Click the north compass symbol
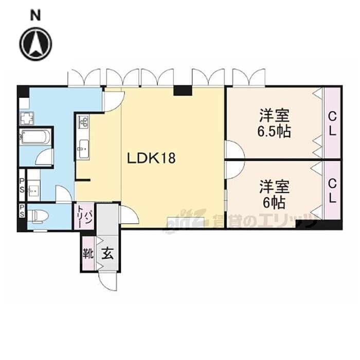35,44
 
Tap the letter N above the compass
35,15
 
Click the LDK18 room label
151,158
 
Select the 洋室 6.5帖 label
274,123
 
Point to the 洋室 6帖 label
274,194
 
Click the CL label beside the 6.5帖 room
332,124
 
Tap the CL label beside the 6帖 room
332,191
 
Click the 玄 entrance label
107,254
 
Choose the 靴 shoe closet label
88,254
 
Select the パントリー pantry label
84,217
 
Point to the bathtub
35,137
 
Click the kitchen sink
83,149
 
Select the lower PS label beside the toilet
22,211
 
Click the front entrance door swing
107,281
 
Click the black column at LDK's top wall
183,90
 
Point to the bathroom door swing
45,156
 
